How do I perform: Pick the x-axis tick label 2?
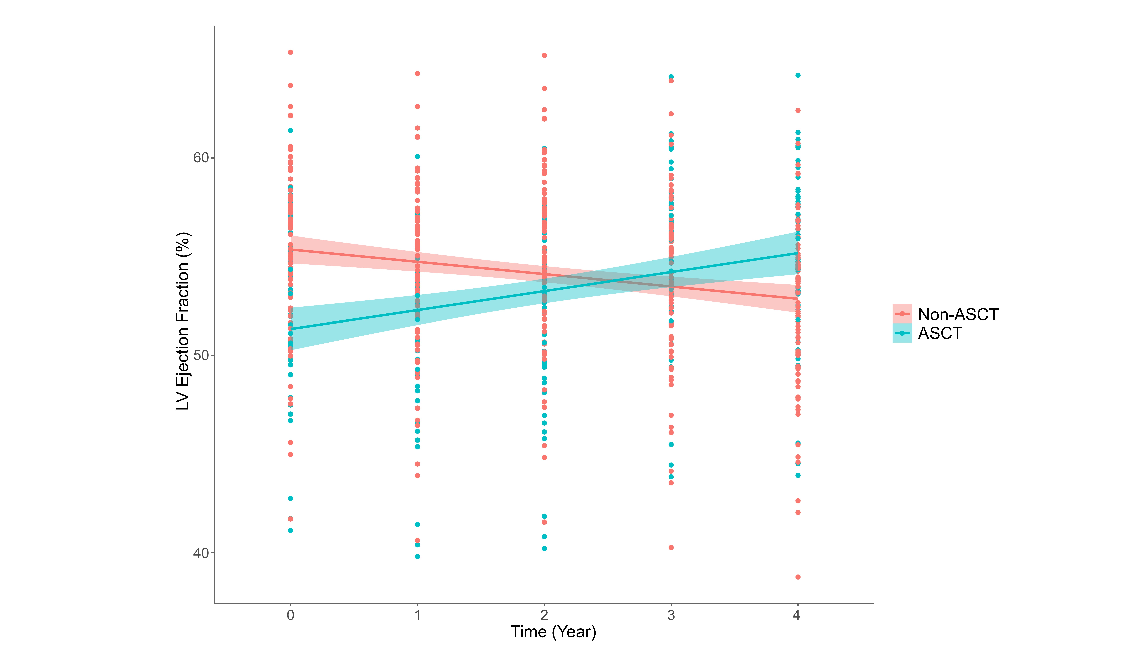[x=544, y=616]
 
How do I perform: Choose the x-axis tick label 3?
[x=671, y=616]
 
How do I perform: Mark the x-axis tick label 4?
[x=797, y=616]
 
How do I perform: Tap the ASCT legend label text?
[x=940, y=333]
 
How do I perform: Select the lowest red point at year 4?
[x=798, y=577]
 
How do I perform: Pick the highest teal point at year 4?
[x=798, y=75]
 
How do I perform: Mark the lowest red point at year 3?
[x=671, y=548]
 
